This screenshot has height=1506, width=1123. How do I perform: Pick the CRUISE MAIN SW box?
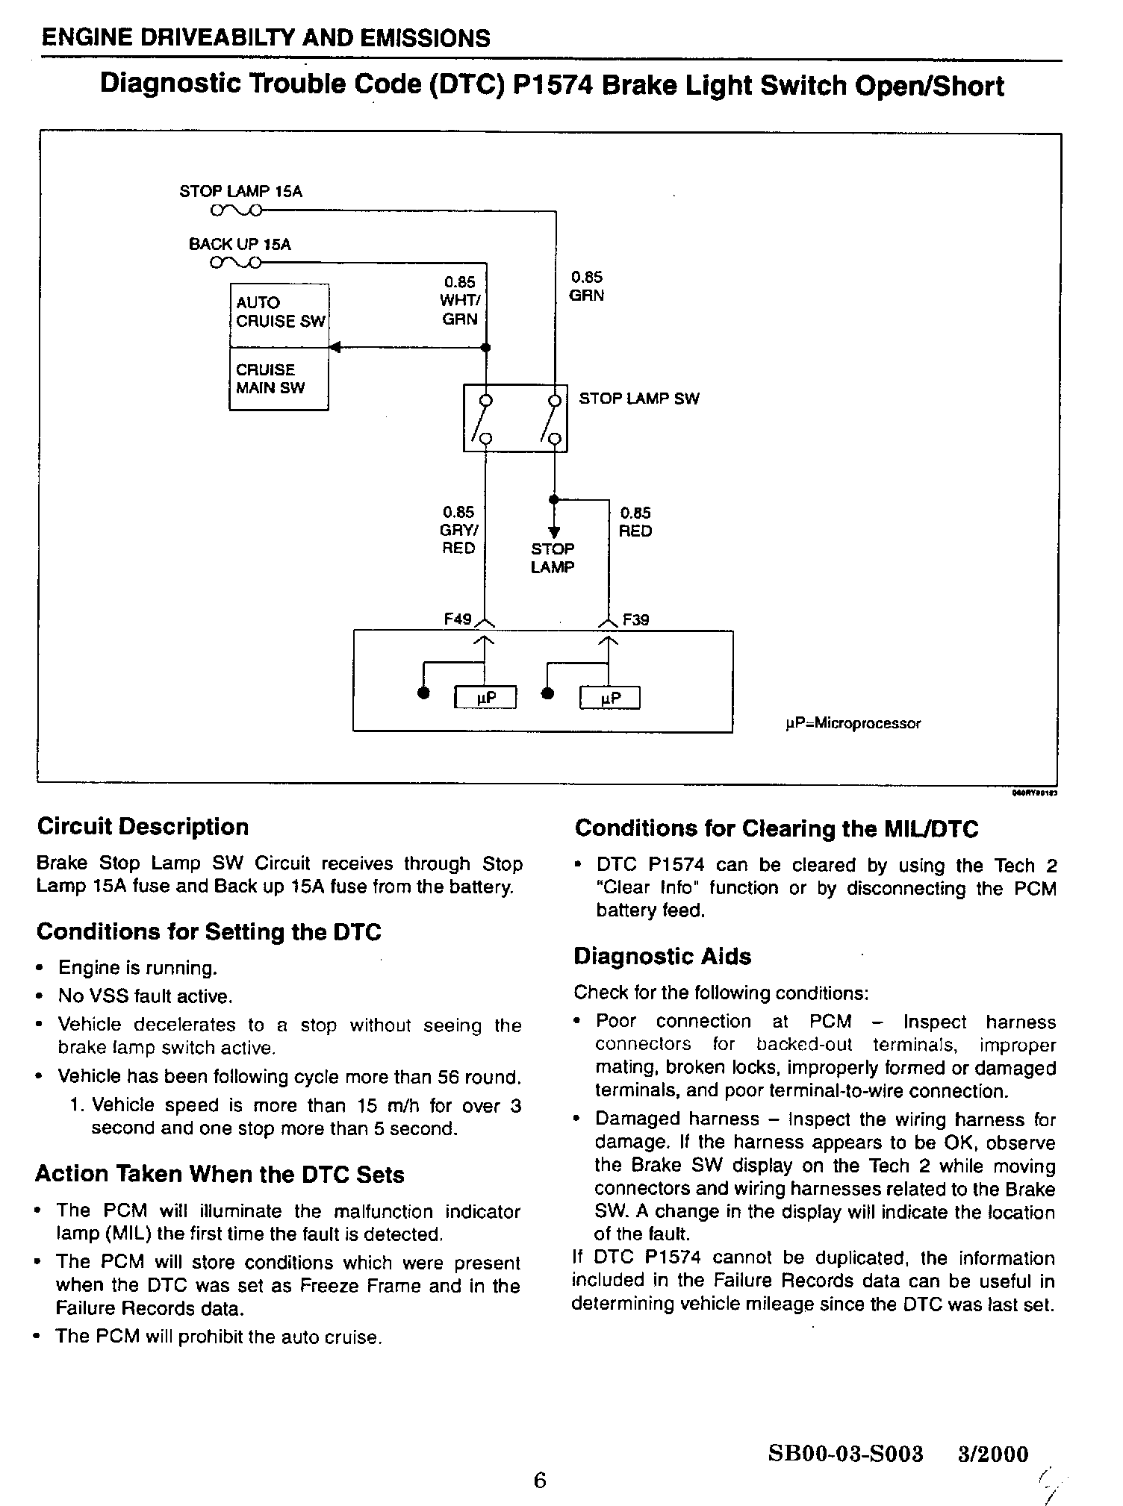[x=279, y=379]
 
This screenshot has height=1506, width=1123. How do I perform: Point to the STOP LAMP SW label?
[x=639, y=399]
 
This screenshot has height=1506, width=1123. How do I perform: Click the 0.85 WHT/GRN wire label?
[x=458, y=301]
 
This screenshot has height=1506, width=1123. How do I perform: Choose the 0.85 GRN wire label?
[x=586, y=287]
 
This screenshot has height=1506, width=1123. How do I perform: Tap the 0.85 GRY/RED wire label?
[x=458, y=530]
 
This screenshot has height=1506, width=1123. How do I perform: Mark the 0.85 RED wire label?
[x=635, y=522]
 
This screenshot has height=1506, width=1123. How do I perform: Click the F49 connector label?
[x=457, y=619]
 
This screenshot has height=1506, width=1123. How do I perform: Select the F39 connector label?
[x=635, y=619]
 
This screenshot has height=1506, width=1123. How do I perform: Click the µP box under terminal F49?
[x=486, y=697]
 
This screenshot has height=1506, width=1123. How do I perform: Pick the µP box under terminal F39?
[x=610, y=698]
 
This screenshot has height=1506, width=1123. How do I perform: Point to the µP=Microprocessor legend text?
[x=853, y=723]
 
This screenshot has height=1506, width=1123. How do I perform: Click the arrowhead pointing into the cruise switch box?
[x=335, y=347]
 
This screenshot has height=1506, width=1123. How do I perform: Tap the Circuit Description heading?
[x=143, y=827]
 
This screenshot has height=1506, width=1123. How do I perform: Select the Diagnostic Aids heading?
[x=662, y=957]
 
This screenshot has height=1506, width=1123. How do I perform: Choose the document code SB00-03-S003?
[x=845, y=1454]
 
